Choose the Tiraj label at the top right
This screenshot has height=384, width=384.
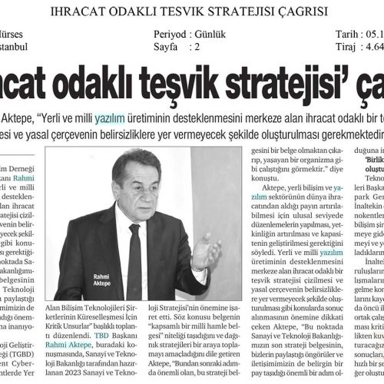pos(348,47)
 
